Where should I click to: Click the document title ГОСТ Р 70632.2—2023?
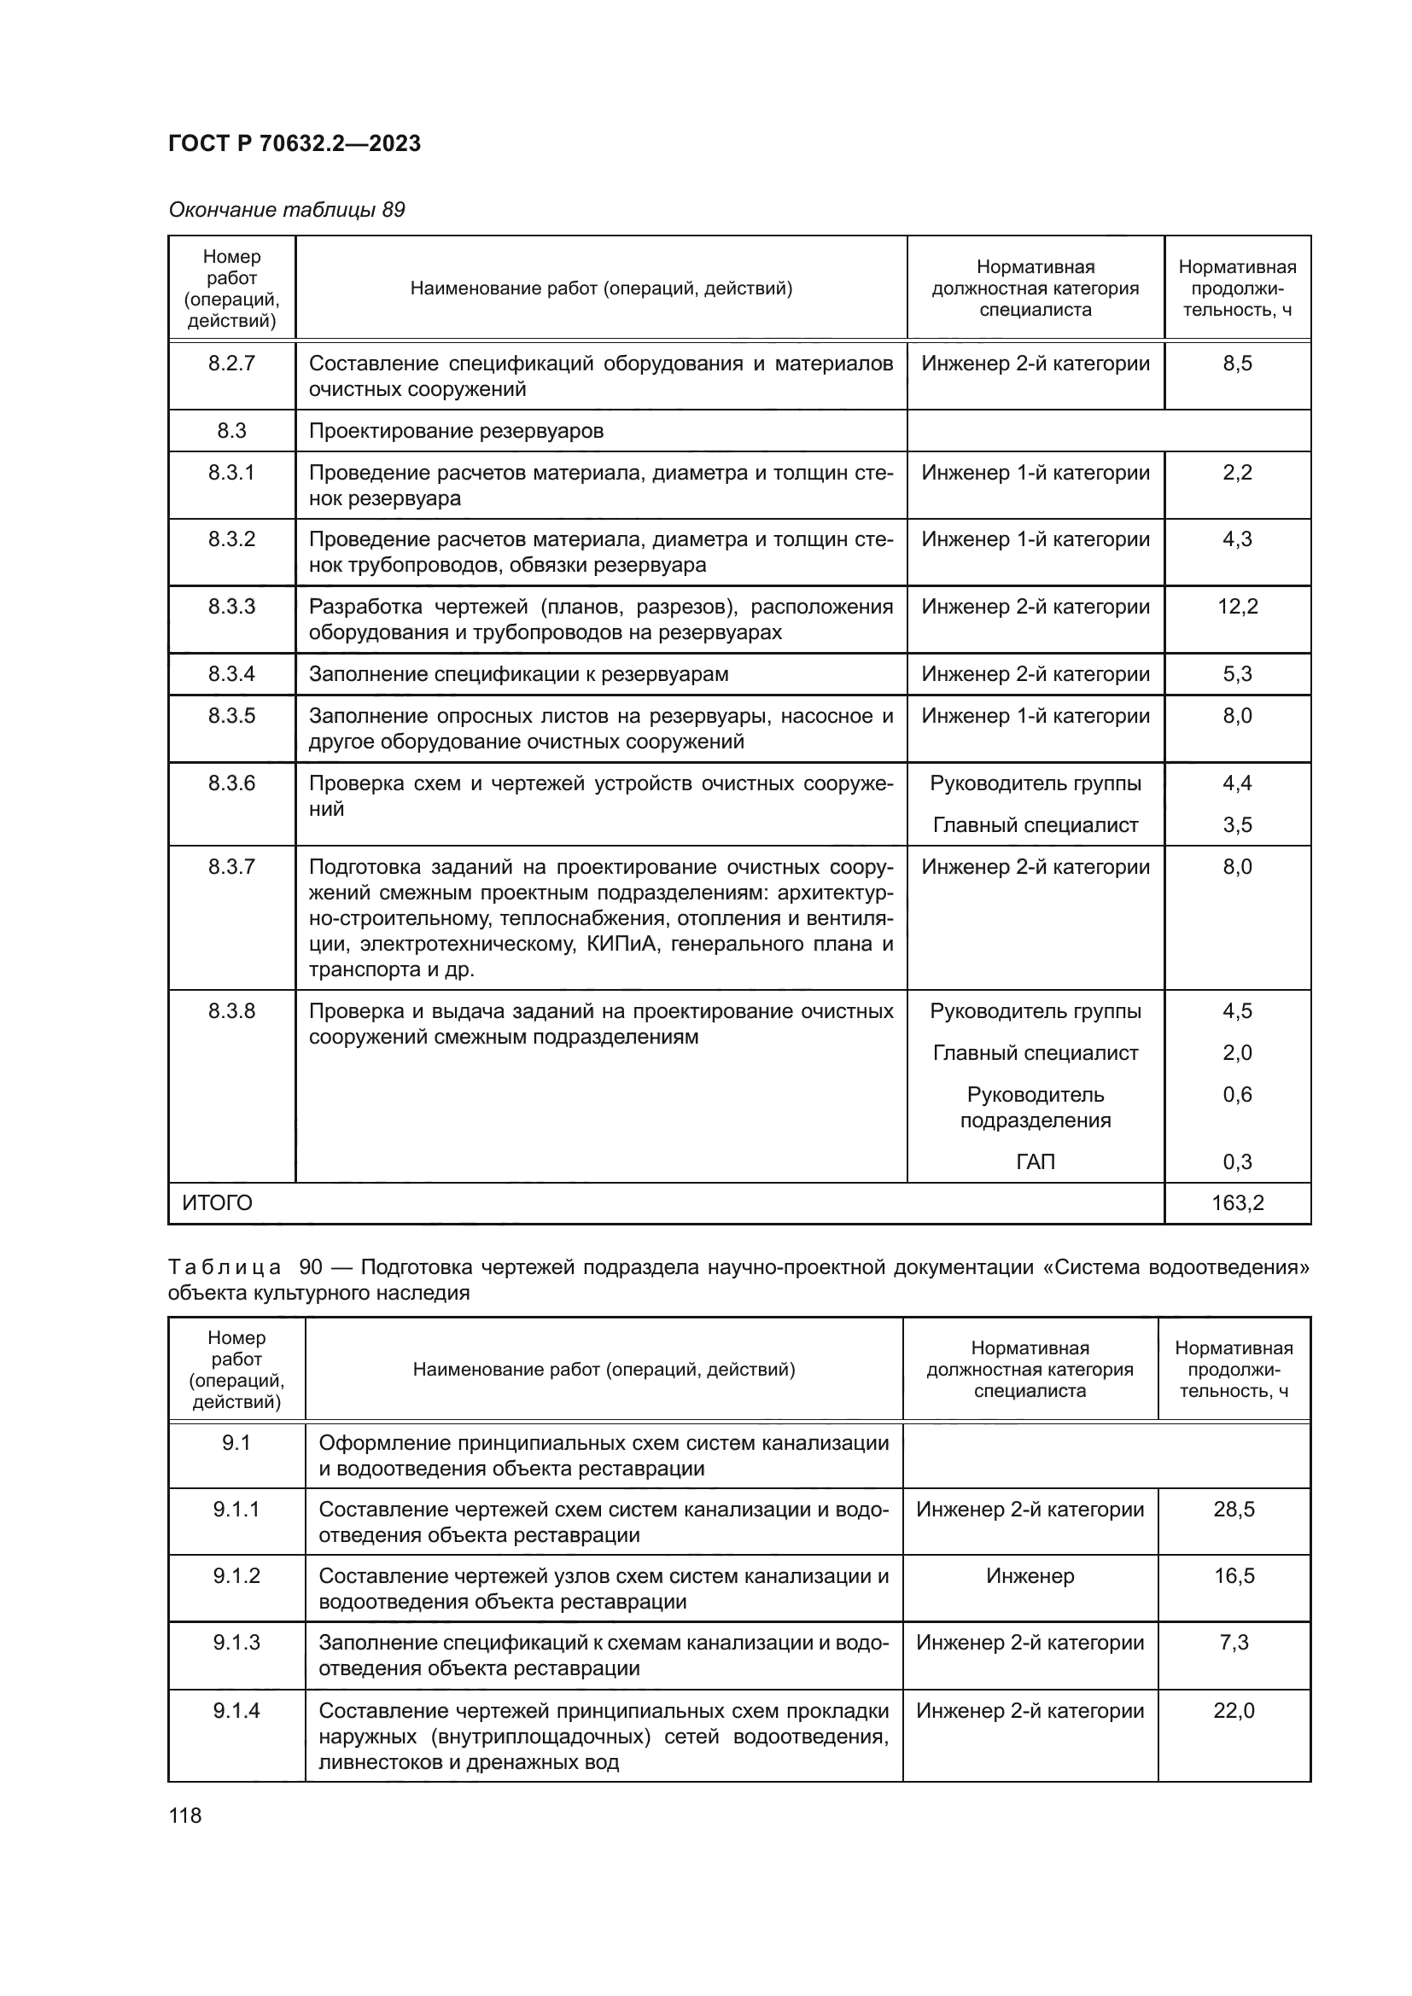294,143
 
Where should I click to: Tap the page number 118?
184,1815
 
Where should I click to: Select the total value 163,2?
1236,1203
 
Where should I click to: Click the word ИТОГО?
217,1203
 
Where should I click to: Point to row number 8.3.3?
231,607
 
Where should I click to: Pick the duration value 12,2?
1236,607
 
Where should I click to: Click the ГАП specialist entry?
1035,1161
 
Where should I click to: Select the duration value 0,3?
1236,1161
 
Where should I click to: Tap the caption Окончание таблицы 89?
286,210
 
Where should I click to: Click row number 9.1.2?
236,1576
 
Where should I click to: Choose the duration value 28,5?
1233,1510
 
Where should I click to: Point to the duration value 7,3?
1233,1642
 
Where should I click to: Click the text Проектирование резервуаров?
456,431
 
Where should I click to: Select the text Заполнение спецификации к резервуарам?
518,674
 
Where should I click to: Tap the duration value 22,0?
1233,1711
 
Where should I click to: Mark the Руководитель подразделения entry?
1035,1107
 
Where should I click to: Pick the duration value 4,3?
1236,539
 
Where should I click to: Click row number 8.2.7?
231,364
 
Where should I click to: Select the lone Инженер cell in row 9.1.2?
1030,1576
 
